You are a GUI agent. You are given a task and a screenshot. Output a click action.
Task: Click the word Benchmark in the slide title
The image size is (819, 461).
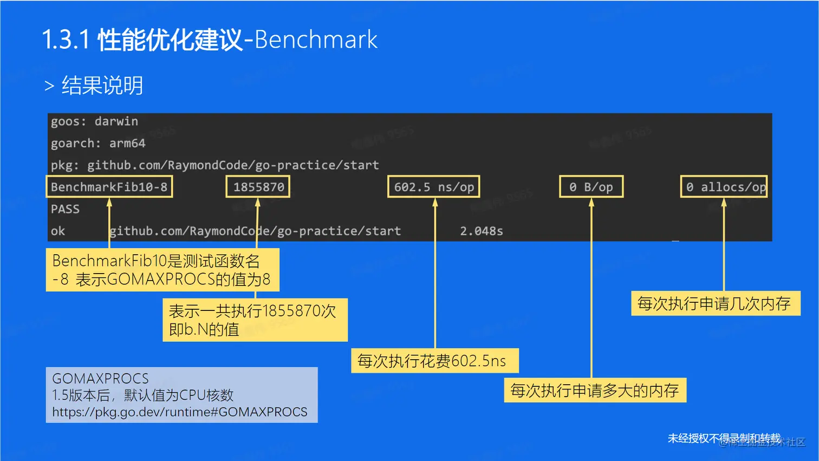click(x=316, y=40)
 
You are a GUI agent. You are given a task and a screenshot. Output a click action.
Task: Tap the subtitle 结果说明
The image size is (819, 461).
click(x=102, y=86)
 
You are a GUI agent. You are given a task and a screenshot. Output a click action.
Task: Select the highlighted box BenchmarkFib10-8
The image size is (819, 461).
click(x=109, y=187)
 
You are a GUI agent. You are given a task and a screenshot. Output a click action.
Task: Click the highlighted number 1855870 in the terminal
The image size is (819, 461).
click(x=258, y=187)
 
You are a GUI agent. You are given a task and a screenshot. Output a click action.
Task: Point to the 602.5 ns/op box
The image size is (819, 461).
click(x=434, y=187)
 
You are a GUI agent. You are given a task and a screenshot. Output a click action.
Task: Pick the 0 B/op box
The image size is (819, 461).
click(x=591, y=187)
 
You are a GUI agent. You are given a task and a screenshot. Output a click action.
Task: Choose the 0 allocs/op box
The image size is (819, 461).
click(x=724, y=187)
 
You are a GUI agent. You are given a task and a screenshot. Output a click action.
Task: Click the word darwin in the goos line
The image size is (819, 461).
click(x=116, y=121)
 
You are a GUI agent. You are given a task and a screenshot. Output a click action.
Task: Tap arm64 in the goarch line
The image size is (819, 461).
click(x=127, y=144)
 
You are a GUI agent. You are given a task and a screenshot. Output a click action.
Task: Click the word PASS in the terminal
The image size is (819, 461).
click(x=65, y=209)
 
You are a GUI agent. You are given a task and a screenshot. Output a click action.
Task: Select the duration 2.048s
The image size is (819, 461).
click(x=482, y=231)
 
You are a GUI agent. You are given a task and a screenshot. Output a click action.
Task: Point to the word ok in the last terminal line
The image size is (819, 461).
click(x=58, y=231)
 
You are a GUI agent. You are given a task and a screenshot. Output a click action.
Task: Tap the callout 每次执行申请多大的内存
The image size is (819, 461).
click(x=594, y=391)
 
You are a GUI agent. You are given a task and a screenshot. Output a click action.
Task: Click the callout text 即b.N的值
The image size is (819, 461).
click(x=204, y=329)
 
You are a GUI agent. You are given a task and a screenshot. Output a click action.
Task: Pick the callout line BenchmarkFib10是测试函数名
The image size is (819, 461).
click(x=156, y=261)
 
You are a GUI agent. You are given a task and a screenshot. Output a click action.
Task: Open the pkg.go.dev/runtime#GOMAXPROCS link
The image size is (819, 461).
click(x=180, y=412)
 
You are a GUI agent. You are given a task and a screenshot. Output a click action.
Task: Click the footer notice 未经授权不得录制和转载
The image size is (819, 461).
click(x=724, y=438)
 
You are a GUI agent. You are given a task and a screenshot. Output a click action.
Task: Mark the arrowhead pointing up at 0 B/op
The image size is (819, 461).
click(x=591, y=203)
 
